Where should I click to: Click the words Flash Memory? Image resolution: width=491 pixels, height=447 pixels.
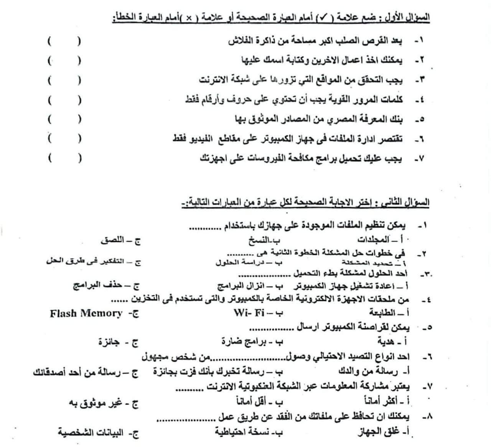point(86,313)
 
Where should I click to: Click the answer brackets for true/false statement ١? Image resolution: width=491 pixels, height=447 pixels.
point(64,41)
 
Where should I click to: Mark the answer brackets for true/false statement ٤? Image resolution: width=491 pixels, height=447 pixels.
point(64,101)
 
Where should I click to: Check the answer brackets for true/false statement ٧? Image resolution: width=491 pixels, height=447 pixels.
point(64,158)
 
